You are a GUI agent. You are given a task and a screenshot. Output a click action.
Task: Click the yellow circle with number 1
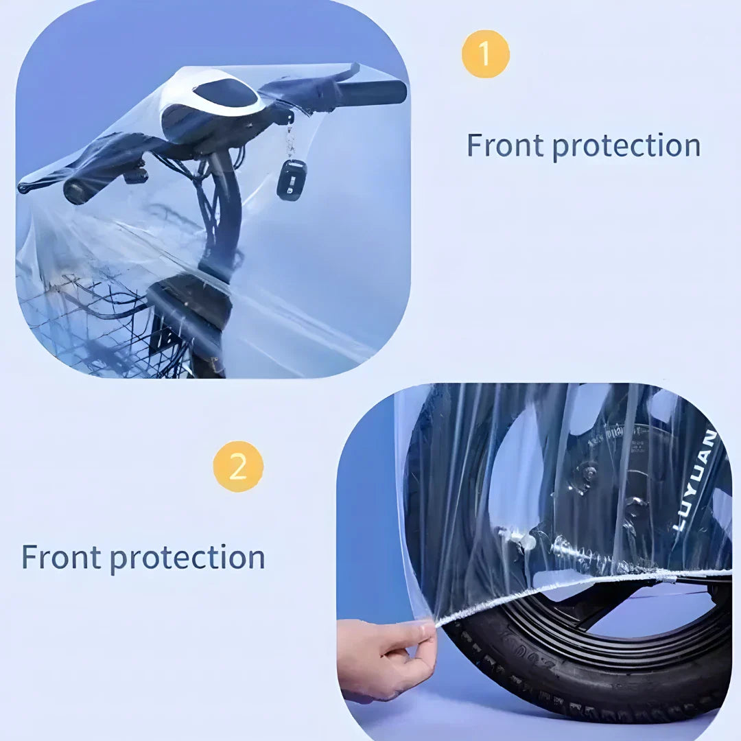(x=486, y=54)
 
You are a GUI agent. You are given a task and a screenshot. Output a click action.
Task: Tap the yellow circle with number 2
(x=238, y=467)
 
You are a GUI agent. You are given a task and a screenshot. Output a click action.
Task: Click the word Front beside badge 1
(x=505, y=145)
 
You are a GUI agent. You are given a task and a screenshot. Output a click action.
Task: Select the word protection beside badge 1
(x=626, y=146)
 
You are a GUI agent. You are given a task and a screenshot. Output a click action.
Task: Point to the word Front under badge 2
(x=61, y=556)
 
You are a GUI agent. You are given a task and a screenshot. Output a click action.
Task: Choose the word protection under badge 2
(x=187, y=557)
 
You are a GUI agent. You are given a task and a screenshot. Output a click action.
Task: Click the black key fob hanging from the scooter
(x=292, y=180)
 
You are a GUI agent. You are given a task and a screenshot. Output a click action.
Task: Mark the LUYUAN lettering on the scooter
(x=694, y=480)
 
